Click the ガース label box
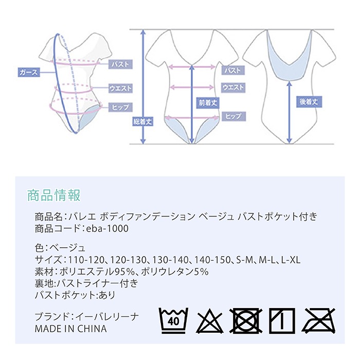(x=28, y=73)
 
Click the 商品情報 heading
(x=53, y=196)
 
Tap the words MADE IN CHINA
(x=71, y=329)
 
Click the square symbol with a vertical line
(x=281, y=320)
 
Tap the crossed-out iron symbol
(x=319, y=320)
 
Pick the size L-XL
(x=290, y=260)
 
